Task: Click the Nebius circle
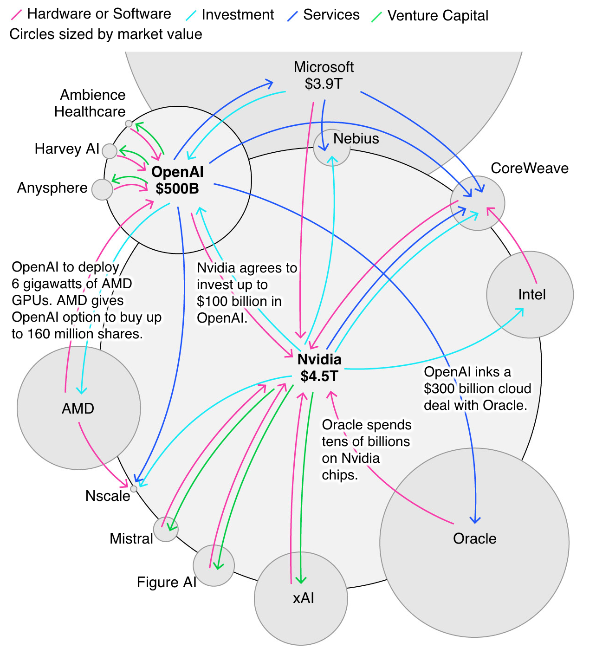(x=332, y=148)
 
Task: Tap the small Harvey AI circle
(x=110, y=151)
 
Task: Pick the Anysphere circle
(x=102, y=189)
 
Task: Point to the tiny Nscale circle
(x=134, y=489)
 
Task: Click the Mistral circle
(x=166, y=530)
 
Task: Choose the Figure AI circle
(x=214, y=565)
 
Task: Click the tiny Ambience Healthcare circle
(x=129, y=124)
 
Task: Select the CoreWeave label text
(x=529, y=168)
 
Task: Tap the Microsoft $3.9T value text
(x=324, y=84)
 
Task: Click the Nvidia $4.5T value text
(x=319, y=376)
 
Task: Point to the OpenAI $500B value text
(x=177, y=189)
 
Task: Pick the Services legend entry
(x=331, y=15)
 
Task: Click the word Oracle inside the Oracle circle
(x=474, y=538)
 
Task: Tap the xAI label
(x=303, y=598)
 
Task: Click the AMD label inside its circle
(x=78, y=408)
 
